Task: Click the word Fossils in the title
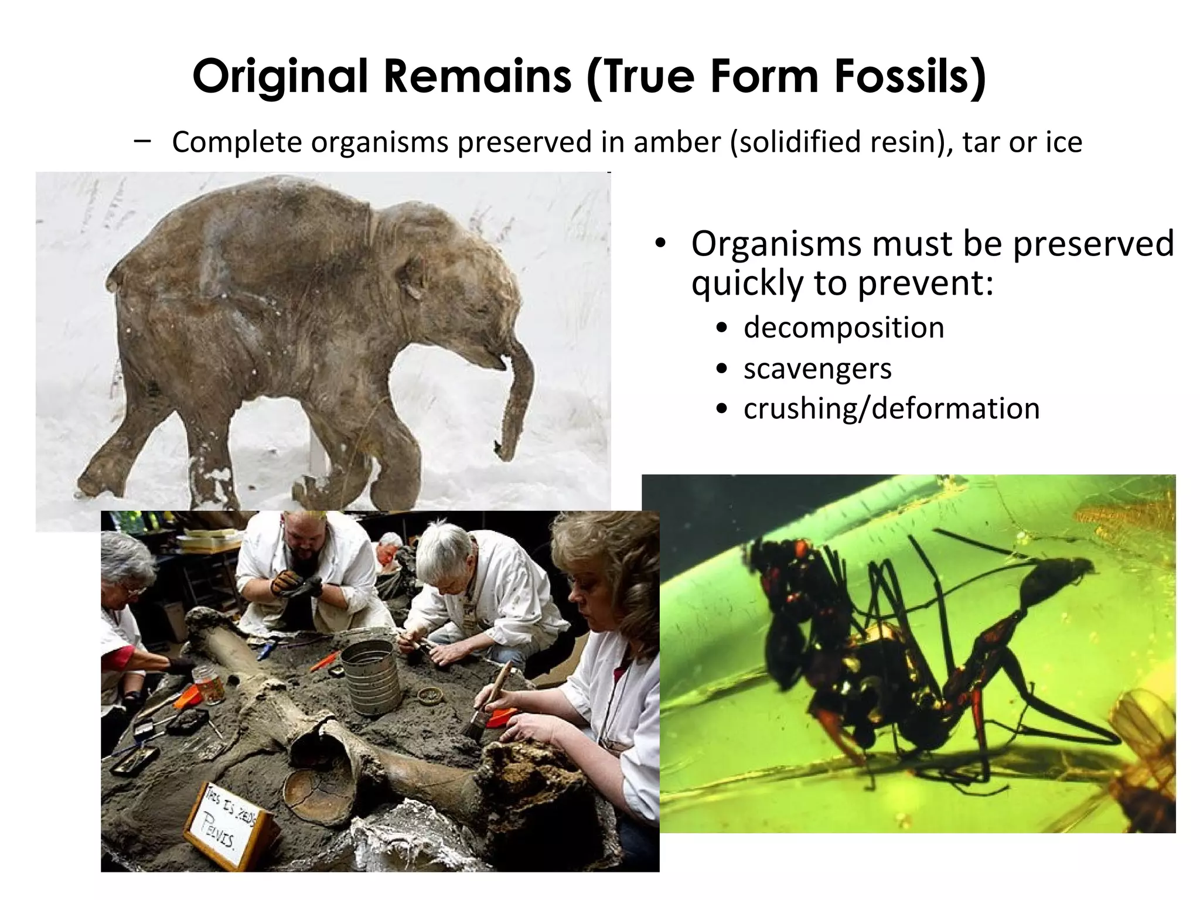pos(909,76)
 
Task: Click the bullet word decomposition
pos(844,327)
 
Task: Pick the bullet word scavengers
pos(817,368)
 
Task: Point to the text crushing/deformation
pos(891,408)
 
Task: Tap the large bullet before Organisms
pos(660,244)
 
